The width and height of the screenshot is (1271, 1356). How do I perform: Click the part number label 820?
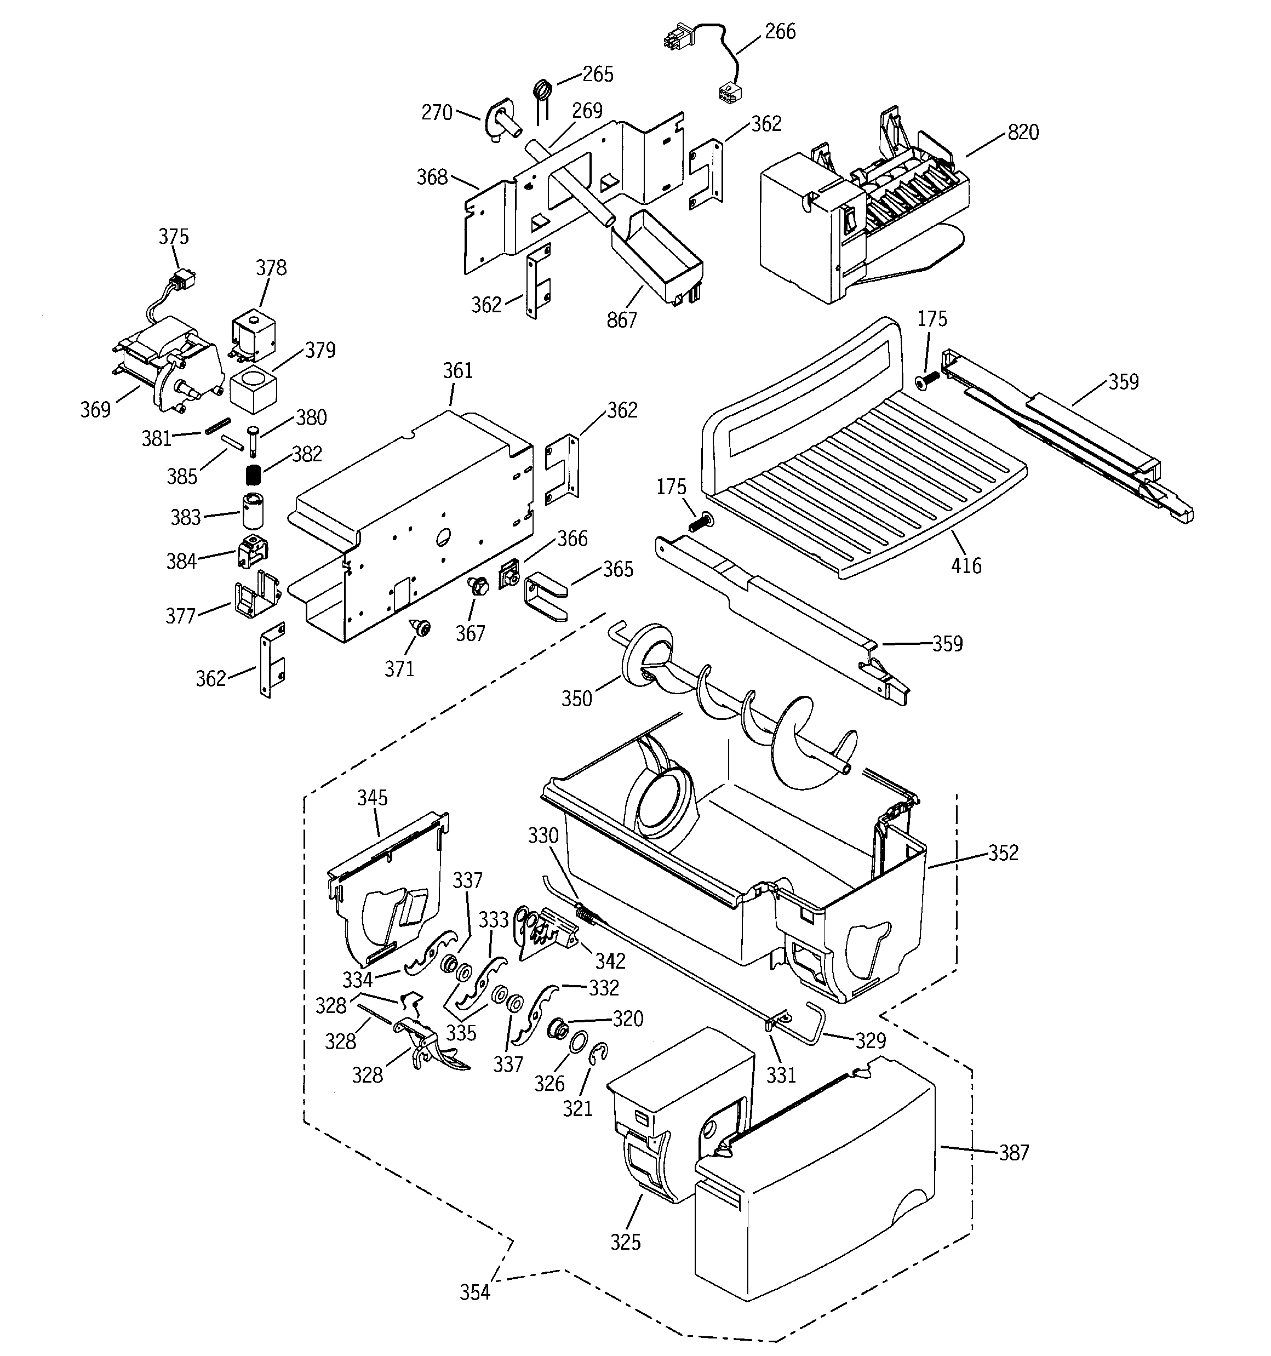[x=1023, y=133]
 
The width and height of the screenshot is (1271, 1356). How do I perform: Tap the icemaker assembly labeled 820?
[x=860, y=218]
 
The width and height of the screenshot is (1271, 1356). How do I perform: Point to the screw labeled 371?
[x=420, y=626]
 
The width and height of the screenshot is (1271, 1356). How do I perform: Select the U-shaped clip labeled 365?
[x=545, y=597]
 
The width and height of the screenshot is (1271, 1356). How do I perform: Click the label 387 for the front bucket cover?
[x=1014, y=1153]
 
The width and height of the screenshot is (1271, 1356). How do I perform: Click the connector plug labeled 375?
[x=182, y=279]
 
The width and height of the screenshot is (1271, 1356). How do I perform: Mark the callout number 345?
[x=373, y=797]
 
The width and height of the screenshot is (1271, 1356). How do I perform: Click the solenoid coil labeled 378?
[x=254, y=331]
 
